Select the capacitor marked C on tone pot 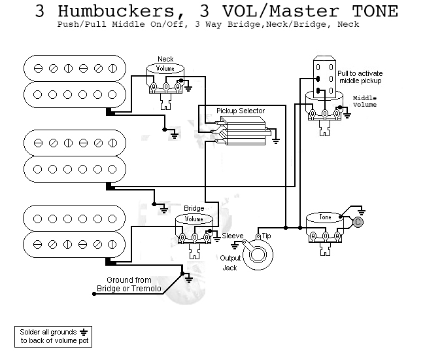(x=358, y=223)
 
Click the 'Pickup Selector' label (x=240, y=111)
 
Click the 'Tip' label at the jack (x=266, y=235)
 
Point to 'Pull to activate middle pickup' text (x=360, y=77)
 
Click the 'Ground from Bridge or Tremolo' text (x=130, y=284)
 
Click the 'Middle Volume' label (x=364, y=101)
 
